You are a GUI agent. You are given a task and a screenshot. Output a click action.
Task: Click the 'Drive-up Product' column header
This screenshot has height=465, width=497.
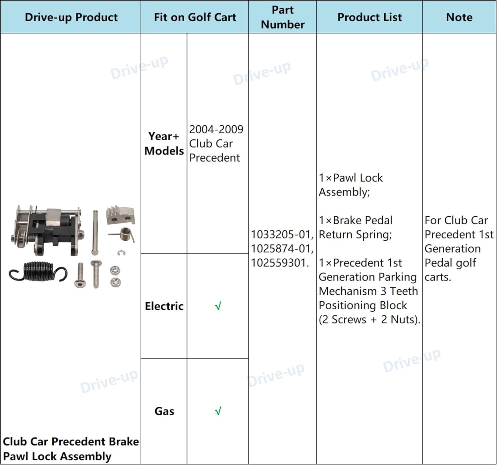(x=71, y=17)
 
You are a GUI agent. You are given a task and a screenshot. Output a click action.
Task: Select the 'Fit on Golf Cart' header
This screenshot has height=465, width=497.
(x=195, y=17)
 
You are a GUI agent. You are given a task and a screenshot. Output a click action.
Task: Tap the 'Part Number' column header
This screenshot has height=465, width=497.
(x=283, y=17)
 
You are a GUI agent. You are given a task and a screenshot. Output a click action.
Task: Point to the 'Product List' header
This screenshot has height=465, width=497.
(x=369, y=17)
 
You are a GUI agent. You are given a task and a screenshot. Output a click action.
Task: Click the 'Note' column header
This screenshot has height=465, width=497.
(x=459, y=17)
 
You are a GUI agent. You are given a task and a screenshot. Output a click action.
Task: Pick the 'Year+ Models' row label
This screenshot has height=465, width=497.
(x=164, y=144)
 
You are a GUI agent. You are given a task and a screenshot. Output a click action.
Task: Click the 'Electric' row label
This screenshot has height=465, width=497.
(x=164, y=306)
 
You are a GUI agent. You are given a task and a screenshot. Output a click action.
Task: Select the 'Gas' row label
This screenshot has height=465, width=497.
(x=164, y=411)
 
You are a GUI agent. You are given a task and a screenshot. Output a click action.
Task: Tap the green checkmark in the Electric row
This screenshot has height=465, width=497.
(x=218, y=306)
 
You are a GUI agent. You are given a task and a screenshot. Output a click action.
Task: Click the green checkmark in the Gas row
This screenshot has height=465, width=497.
(x=218, y=411)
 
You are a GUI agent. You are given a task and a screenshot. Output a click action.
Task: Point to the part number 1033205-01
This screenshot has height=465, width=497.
(x=281, y=234)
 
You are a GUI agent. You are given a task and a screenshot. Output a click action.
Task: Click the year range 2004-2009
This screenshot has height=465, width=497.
(x=216, y=129)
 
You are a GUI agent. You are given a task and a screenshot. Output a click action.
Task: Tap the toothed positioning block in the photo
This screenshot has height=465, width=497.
(x=121, y=215)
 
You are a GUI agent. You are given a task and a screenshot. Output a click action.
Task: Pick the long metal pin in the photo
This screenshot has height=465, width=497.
(x=95, y=232)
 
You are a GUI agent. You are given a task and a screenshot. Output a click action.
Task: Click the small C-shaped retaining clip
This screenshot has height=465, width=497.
(x=121, y=253)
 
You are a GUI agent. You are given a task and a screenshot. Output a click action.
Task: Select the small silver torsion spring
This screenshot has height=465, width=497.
(x=123, y=234)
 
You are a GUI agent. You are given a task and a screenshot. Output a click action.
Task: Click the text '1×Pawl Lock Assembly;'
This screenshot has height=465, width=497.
(x=351, y=185)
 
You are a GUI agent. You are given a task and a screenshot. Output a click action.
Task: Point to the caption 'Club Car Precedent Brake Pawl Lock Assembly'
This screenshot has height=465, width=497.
(x=71, y=449)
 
